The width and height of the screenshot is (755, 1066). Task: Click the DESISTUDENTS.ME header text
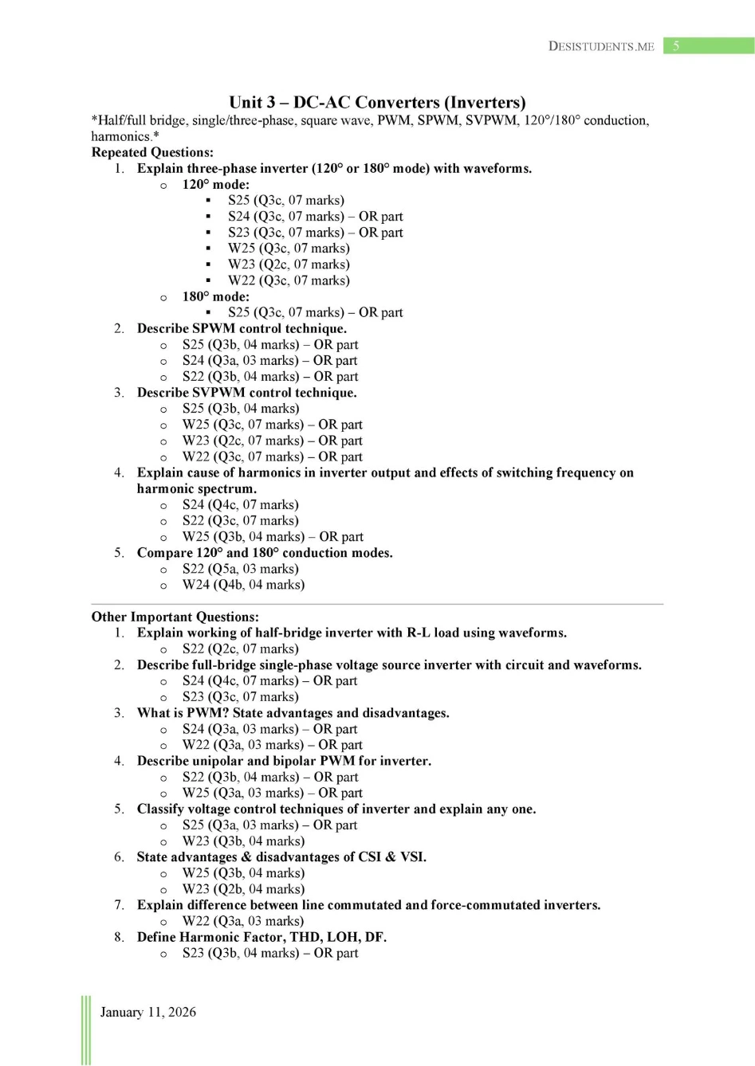point(601,46)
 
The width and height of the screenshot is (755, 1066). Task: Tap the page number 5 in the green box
point(676,45)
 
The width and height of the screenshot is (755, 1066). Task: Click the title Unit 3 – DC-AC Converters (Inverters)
point(377,102)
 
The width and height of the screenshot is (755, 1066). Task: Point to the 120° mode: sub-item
point(215,184)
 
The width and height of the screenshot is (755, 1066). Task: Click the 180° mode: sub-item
point(215,296)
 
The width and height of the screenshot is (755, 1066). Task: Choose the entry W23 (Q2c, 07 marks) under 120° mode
point(289,265)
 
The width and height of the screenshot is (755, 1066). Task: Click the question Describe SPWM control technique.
point(242,328)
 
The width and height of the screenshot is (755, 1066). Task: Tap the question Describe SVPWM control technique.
point(246,393)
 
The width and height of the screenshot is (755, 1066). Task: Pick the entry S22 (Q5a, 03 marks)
point(240,569)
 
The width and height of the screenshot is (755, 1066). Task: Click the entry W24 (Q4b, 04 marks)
point(243,585)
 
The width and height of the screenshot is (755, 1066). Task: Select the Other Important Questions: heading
point(175,617)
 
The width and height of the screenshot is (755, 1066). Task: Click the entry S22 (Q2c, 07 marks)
point(240,649)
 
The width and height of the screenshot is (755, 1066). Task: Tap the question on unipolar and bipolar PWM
point(284,761)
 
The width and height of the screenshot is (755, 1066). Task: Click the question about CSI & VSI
point(281,857)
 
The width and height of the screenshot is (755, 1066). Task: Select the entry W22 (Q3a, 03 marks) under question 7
point(242,921)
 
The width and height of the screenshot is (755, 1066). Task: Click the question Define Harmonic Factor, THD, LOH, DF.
point(261,937)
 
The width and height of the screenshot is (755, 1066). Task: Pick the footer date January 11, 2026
point(147,1012)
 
